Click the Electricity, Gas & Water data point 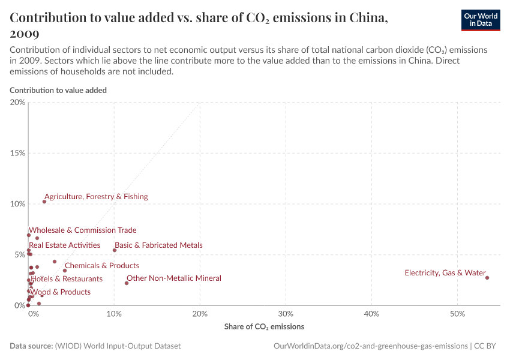487,278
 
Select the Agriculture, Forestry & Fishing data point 44,202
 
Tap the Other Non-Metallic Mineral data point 127,283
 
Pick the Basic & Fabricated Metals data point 115,250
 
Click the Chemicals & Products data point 65,271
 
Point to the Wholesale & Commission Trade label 83,230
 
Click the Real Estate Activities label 65,245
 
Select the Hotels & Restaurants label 67,278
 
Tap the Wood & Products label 61,292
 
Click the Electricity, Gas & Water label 445,273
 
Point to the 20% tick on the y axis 17,102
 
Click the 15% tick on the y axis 17,153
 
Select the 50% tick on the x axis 457,314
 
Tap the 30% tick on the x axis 286,314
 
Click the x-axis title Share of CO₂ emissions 264,327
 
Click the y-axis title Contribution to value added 58,90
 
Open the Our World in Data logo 481,20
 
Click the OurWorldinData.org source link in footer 370,346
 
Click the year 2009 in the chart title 25,34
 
